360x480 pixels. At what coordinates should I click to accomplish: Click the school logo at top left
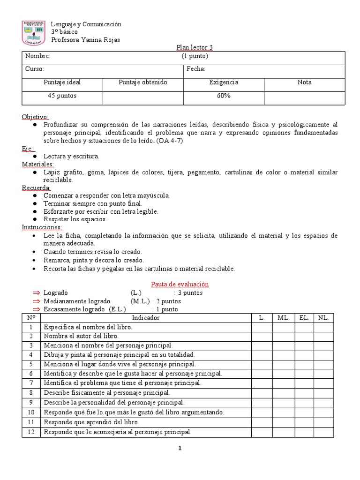click(34, 33)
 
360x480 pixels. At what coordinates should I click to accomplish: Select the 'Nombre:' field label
click(37, 56)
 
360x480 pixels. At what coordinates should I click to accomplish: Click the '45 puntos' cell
click(62, 96)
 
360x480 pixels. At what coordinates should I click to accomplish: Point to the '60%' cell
click(223, 96)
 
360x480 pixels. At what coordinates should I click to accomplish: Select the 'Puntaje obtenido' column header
click(142, 82)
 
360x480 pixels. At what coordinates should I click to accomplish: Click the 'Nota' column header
click(304, 82)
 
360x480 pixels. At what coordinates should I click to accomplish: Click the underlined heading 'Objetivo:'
click(35, 117)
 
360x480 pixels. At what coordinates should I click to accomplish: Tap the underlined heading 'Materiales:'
click(38, 164)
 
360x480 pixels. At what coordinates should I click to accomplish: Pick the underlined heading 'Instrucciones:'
click(41, 227)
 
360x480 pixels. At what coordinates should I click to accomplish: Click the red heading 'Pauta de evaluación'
click(180, 284)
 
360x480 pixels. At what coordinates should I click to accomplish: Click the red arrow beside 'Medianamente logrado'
click(37, 301)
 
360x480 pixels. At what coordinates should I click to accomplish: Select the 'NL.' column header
click(323, 318)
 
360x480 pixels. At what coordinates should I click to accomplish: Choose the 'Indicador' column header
click(146, 318)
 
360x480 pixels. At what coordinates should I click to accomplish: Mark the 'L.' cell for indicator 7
click(262, 383)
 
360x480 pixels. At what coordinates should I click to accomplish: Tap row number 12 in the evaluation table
click(31, 432)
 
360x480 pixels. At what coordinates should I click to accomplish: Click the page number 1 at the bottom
click(180, 449)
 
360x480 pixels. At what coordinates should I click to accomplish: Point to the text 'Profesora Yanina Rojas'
click(85, 40)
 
